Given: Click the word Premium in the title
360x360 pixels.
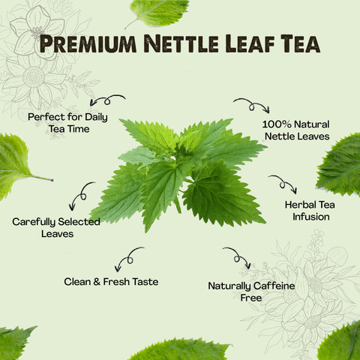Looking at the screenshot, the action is [88, 44].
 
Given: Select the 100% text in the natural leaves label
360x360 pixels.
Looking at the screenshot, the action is [277, 124].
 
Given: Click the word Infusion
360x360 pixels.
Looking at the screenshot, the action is [311, 217].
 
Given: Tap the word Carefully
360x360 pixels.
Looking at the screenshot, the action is [34, 222].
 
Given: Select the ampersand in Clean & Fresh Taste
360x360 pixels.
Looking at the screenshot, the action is [97, 282].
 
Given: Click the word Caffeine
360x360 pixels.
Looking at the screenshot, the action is [274, 286].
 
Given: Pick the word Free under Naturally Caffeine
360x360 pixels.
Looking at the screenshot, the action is [251, 298].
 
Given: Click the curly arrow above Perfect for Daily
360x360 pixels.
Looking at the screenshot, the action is [107, 100].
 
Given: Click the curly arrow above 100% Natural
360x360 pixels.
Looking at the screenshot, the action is [252, 105].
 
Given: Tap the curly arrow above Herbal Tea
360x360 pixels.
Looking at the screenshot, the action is [283, 183].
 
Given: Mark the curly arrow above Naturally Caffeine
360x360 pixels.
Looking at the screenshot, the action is [237, 256].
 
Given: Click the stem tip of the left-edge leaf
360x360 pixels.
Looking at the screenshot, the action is [52, 180].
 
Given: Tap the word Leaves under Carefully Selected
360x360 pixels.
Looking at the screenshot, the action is [58, 234].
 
